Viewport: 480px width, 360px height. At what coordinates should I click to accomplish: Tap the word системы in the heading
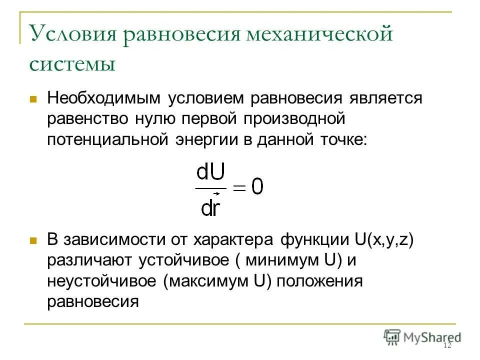[72, 63]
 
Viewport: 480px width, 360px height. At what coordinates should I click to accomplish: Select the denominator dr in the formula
[210, 206]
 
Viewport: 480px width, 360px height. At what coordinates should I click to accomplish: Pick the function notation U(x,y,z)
[384, 239]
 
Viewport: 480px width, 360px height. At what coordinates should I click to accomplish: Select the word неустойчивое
[101, 281]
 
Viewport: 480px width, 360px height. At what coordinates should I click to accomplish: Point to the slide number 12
[447, 346]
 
